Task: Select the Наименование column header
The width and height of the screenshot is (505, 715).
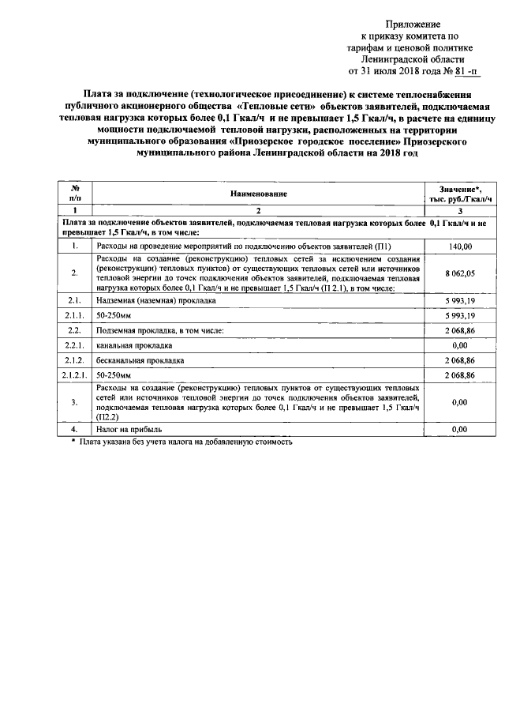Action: (258, 194)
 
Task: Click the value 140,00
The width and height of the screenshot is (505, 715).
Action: (459, 247)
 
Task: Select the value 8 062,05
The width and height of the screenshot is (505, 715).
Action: (459, 273)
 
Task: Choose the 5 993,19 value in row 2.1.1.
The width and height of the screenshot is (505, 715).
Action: (459, 314)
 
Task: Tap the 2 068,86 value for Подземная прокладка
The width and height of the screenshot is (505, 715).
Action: (459, 329)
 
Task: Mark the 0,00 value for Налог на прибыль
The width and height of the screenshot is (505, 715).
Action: (459, 429)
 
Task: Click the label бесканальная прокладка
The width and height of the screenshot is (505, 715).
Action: (138, 359)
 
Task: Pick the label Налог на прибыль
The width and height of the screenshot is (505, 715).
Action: (129, 429)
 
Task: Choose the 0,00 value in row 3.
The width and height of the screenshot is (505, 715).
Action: (459, 402)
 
